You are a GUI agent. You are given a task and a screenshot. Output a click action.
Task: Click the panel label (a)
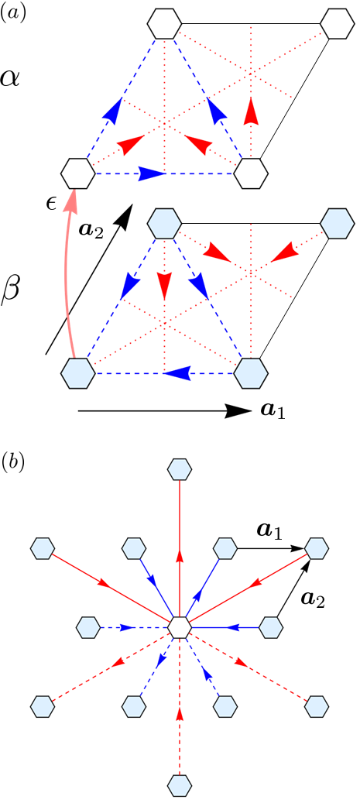point(12,13)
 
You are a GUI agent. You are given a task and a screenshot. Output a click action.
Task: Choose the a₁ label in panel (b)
point(269,531)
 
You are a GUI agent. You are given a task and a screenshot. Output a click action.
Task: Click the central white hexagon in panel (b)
point(180,626)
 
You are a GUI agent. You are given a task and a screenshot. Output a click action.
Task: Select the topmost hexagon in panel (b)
point(180,468)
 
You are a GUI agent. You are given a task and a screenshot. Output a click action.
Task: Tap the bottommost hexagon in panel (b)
point(180,784)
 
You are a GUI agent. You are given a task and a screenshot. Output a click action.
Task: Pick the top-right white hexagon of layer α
point(336,24)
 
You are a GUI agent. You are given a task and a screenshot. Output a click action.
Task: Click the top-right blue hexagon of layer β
point(336,223)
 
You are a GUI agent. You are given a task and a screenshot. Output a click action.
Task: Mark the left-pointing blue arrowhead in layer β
point(178,373)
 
